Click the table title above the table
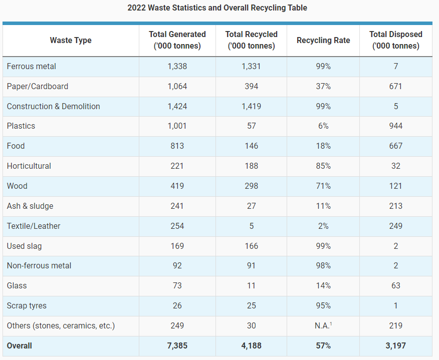click(x=217, y=8)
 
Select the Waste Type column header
click(x=71, y=40)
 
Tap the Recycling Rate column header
click(x=323, y=40)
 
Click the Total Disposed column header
click(x=395, y=40)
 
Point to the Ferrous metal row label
click(x=32, y=66)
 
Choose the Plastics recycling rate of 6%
click(x=323, y=126)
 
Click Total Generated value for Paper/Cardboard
click(x=177, y=86)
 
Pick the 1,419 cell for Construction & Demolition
click(x=252, y=106)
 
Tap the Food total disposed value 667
click(x=395, y=146)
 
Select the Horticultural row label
click(x=29, y=166)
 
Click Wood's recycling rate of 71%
click(x=323, y=186)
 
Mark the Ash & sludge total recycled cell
click(x=252, y=206)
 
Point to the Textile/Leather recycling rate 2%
click(x=323, y=226)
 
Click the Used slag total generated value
click(x=177, y=246)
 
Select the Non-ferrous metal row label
click(x=39, y=265)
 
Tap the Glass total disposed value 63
click(x=395, y=285)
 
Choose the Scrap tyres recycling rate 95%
click(x=323, y=305)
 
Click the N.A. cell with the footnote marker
click(x=323, y=325)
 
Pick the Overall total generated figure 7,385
click(x=177, y=346)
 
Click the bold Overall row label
click(x=20, y=346)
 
